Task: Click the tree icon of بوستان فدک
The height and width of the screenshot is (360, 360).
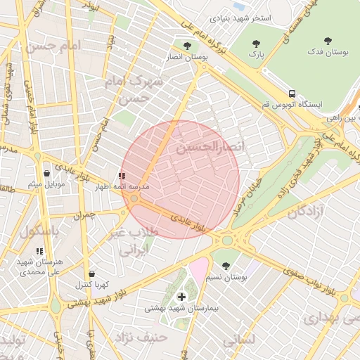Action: click(x=328, y=40)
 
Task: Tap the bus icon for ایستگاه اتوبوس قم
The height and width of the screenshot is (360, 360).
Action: click(x=290, y=94)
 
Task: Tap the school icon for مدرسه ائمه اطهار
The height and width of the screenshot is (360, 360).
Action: click(x=122, y=176)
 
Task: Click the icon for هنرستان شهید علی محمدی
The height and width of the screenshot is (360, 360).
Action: click(x=39, y=250)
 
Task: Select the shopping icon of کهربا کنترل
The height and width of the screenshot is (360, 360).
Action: click(x=91, y=274)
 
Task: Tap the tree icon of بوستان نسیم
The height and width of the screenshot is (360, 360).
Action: click(x=225, y=266)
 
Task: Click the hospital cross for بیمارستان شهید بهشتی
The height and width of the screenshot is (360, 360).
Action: click(x=182, y=297)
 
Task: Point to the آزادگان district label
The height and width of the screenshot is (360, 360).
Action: click(x=302, y=212)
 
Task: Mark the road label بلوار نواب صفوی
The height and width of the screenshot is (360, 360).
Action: click(x=316, y=272)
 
